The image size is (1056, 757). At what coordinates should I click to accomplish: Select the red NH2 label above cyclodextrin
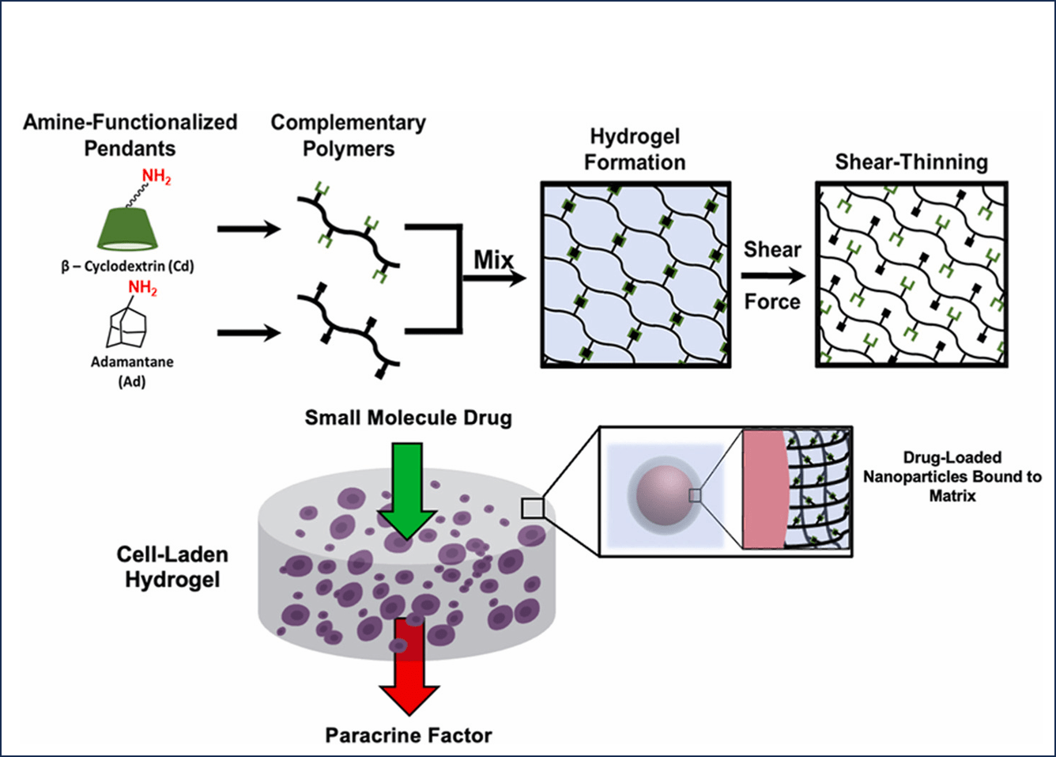pos(156,177)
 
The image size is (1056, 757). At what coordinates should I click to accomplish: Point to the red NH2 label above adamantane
pos(142,288)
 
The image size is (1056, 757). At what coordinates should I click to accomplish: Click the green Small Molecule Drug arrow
pos(407,490)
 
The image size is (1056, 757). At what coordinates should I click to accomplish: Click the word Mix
pos(493,260)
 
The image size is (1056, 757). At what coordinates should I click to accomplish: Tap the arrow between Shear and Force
pos(773,276)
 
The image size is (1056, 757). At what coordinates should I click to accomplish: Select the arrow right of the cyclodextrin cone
pos(249,229)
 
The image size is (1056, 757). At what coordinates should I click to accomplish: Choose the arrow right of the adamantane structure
pos(249,332)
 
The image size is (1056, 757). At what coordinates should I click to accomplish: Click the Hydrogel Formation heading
pos(635,149)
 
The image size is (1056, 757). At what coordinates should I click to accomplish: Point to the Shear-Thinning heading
pos(911,162)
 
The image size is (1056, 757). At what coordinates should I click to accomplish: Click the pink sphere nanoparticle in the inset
pos(665,495)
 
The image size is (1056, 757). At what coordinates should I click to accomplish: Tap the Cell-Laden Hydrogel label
pos(172,567)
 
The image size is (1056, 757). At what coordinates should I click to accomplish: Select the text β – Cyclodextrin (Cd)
pos(127,267)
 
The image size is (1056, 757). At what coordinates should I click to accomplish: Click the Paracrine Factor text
pos(409,736)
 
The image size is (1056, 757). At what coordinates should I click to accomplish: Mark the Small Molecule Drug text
pos(409,418)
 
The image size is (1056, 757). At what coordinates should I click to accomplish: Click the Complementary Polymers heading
pos(349,136)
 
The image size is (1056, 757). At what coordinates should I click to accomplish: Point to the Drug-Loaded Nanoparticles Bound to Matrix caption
pos(952,476)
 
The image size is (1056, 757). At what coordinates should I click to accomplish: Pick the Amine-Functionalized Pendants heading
pos(130,135)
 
